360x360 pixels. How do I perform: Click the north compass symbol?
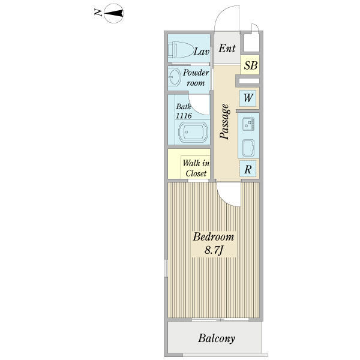pyautogui.click(x=113, y=13)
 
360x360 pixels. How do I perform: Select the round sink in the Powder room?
pyautogui.click(x=175, y=77)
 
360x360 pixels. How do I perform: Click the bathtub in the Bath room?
pyautogui.click(x=193, y=132)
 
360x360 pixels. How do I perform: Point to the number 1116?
pyautogui.click(x=184, y=116)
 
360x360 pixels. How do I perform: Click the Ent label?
pyautogui.click(x=227, y=49)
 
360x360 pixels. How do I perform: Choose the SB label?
pyautogui.click(x=250, y=65)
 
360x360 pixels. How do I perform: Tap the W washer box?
pyautogui.click(x=248, y=98)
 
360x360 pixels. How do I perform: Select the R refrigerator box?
pyautogui.click(x=248, y=169)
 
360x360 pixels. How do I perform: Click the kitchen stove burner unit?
pyautogui.click(x=248, y=124)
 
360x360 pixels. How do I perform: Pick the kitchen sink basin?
pyautogui.click(x=248, y=148)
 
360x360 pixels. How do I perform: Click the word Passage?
pyautogui.click(x=224, y=122)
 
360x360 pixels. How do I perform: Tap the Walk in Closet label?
pyautogui.click(x=196, y=168)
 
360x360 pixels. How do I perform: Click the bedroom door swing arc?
pyautogui.click(x=226, y=199)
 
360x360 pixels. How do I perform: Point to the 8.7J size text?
pyautogui.click(x=214, y=250)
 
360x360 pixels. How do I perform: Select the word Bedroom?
pyautogui.click(x=214, y=237)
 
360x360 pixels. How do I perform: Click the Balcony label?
pyautogui.click(x=217, y=338)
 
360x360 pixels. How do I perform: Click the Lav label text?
pyautogui.click(x=202, y=52)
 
